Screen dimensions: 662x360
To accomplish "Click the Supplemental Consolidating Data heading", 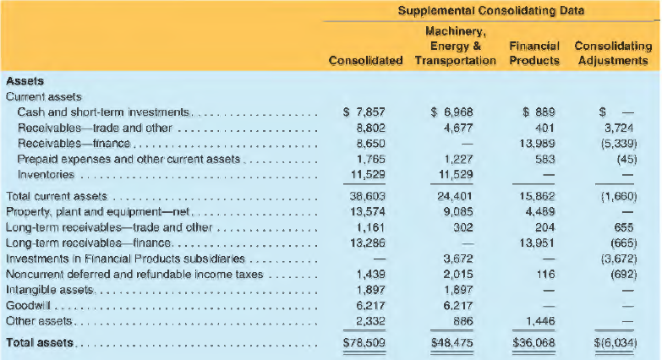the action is (x=491, y=10).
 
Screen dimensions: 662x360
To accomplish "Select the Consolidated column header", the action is (x=365, y=61).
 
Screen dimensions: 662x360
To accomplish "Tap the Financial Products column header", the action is (x=534, y=53).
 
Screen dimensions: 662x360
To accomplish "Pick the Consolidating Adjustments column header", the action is (x=613, y=53).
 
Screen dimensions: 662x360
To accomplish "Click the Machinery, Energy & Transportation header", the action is (x=455, y=46).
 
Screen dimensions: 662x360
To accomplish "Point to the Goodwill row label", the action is (x=28, y=305).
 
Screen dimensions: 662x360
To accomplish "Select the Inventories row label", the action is (x=46, y=174).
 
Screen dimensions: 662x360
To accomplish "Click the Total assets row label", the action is (x=40, y=342).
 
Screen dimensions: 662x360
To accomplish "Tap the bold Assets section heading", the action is (x=25, y=80).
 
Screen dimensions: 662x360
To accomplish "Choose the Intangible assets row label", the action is (x=49, y=290).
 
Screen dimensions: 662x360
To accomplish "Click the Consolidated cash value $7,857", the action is (x=364, y=112).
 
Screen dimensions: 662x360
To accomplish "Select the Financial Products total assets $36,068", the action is (x=533, y=343).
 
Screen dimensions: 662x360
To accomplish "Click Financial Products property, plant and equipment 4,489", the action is (x=540, y=211).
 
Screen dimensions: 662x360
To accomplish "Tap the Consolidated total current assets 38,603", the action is (x=367, y=196).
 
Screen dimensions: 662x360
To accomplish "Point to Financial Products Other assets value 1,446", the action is (x=540, y=321).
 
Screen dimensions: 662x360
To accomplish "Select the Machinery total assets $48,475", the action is (x=451, y=343).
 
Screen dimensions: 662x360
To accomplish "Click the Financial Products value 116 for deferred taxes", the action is (x=546, y=275).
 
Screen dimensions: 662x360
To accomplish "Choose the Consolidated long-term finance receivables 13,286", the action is (x=368, y=243).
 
